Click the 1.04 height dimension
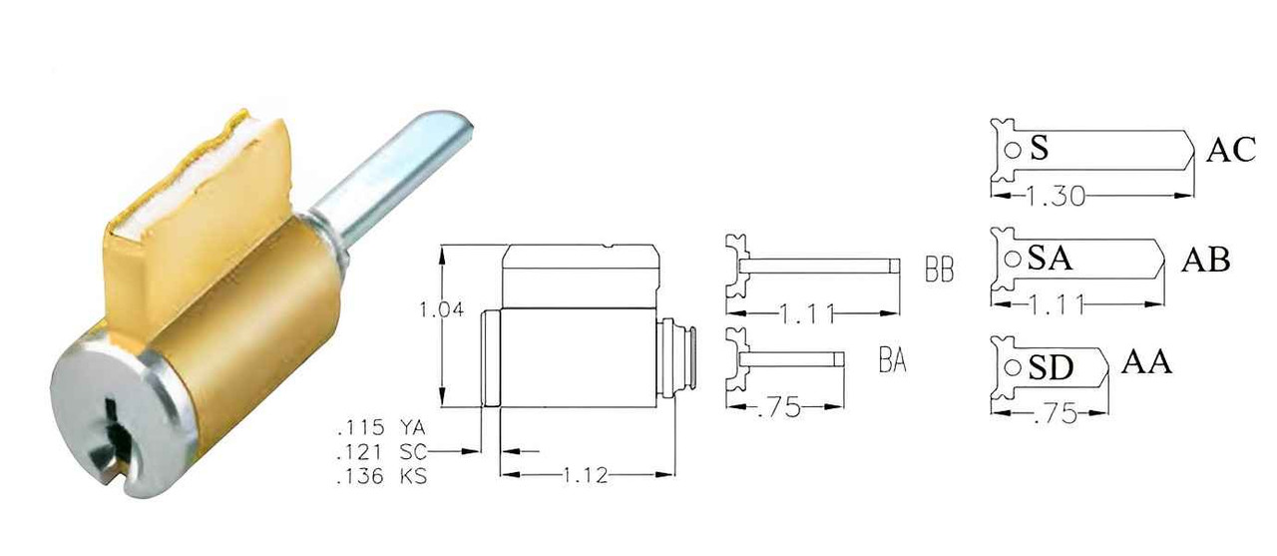[442, 310]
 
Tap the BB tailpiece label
[939, 271]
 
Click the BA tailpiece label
[893, 360]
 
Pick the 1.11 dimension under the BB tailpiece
[808, 315]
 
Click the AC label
[1229, 151]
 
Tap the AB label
[1205, 261]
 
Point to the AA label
[1146, 362]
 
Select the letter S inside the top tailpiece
[1039, 150]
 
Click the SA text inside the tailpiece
[1050, 260]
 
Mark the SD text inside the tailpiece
[1050, 368]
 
